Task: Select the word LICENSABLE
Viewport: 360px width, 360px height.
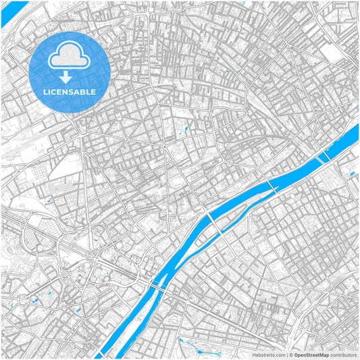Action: tap(70, 92)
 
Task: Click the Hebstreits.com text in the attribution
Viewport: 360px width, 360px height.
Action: tap(269, 354)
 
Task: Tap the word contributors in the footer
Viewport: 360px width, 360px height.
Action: tap(343, 354)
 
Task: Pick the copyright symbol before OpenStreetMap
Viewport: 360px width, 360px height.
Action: tap(290, 354)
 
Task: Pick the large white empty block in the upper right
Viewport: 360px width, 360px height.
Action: tap(333, 54)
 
